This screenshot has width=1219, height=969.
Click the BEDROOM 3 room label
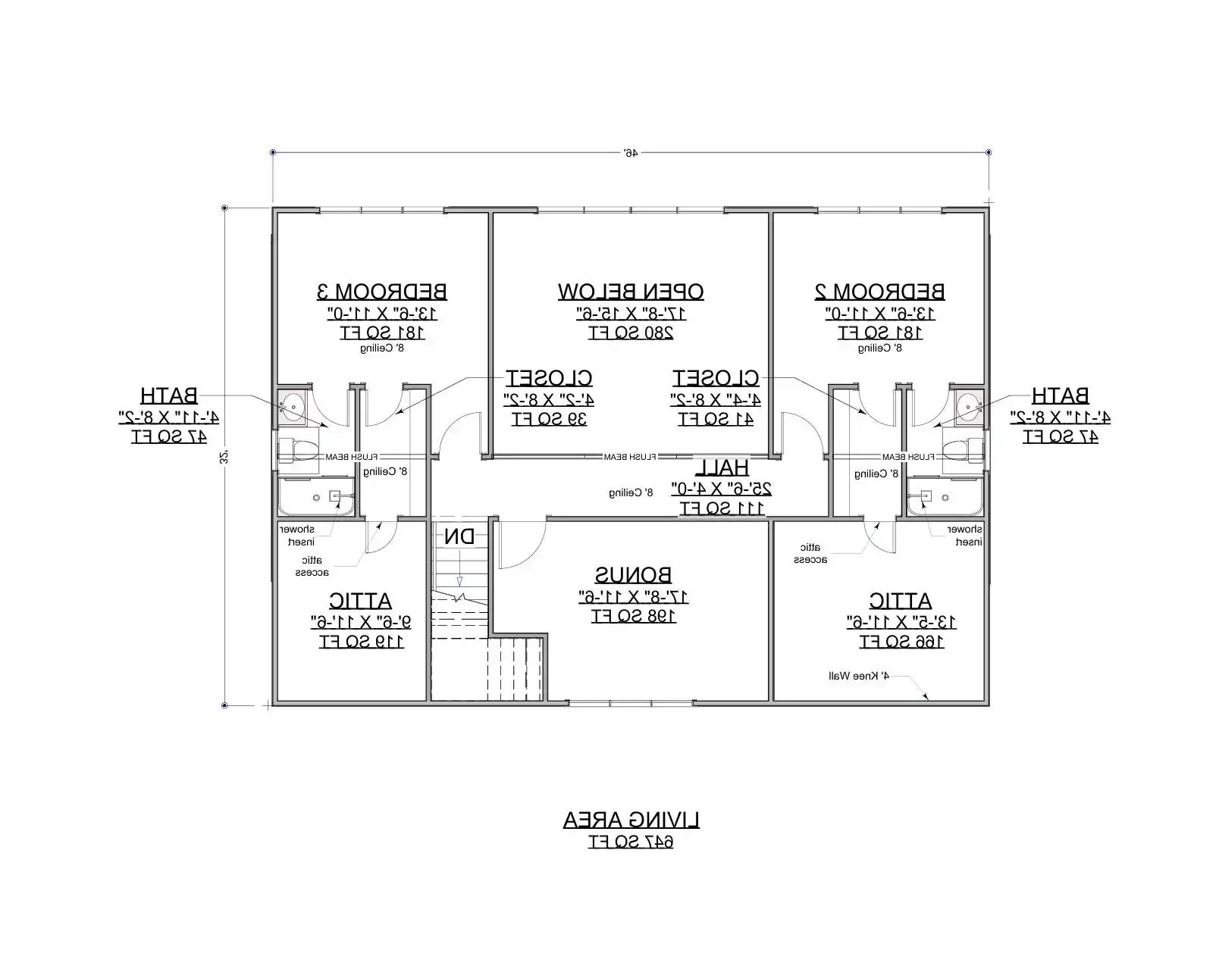(381, 291)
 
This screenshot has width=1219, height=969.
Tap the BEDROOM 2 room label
(879, 291)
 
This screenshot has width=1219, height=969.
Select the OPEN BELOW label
(631, 291)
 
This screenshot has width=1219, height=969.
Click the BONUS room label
(633, 575)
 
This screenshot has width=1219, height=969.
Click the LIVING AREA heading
(631, 820)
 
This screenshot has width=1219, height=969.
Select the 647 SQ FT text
(631, 842)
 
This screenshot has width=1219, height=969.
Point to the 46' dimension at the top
(631, 152)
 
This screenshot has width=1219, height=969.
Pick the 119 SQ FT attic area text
(362, 642)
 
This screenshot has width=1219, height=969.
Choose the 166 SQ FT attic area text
(901, 642)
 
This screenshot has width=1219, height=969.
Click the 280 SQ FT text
(631, 333)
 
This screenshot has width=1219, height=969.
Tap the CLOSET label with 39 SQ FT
(550, 377)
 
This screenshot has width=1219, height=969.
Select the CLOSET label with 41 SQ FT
(716, 377)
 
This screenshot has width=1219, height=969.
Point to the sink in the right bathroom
(967, 408)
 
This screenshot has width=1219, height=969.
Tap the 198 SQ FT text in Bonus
(633, 616)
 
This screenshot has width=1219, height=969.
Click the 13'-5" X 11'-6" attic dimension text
(901, 622)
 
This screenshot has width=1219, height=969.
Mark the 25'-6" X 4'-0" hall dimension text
(721, 489)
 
